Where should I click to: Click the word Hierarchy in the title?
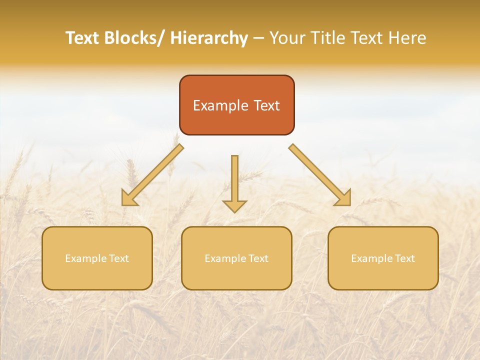click(209, 38)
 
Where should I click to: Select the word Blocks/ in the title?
click(134, 38)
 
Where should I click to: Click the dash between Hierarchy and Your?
click(258, 38)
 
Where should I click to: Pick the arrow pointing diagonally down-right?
click(320, 175)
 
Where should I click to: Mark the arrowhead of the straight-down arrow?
click(234, 205)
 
